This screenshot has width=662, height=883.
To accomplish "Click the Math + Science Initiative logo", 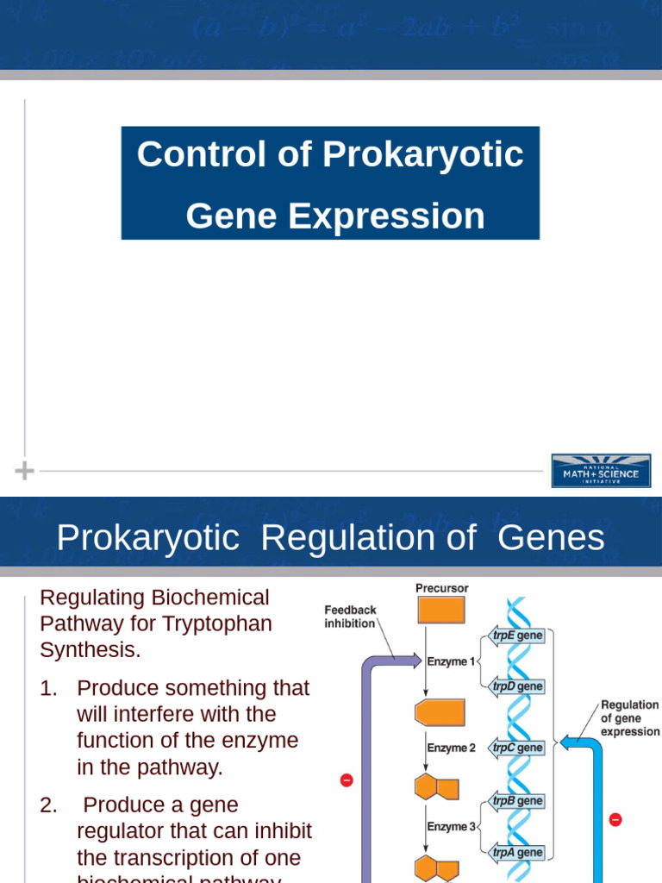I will (x=601, y=471).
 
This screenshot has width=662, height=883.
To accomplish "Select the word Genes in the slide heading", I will (x=552, y=538).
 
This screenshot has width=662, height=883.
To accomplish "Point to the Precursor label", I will (x=442, y=588).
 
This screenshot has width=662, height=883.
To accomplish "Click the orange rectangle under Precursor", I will (x=441, y=610).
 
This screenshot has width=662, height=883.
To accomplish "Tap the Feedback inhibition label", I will (x=350, y=617).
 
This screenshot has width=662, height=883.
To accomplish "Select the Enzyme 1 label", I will (x=451, y=661).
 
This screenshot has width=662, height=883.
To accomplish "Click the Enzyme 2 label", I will (x=451, y=748).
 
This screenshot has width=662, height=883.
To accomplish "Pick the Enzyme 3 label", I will (x=451, y=826).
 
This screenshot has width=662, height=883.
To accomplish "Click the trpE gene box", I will (x=517, y=636).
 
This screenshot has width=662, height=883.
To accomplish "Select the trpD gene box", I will (x=517, y=686).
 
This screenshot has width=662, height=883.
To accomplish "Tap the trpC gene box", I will (x=517, y=748).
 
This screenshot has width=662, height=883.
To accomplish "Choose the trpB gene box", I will (x=517, y=801).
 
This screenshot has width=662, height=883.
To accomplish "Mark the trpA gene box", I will (x=517, y=852).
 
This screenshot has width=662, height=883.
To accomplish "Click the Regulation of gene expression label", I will (x=629, y=718).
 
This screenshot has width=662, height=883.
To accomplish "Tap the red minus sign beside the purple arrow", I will (x=347, y=780).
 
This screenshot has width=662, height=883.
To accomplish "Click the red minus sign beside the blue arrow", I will (x=615, y=819).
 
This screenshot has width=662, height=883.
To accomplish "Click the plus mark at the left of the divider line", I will (x=25, y=471).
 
